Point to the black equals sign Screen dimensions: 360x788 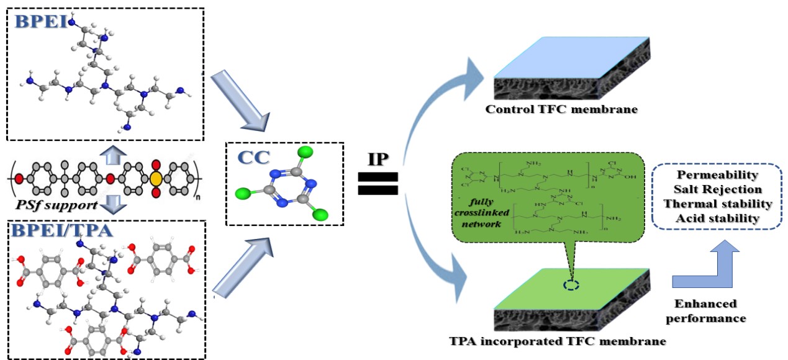tap(378, 184)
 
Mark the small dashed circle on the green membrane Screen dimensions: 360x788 tap(572, 286)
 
